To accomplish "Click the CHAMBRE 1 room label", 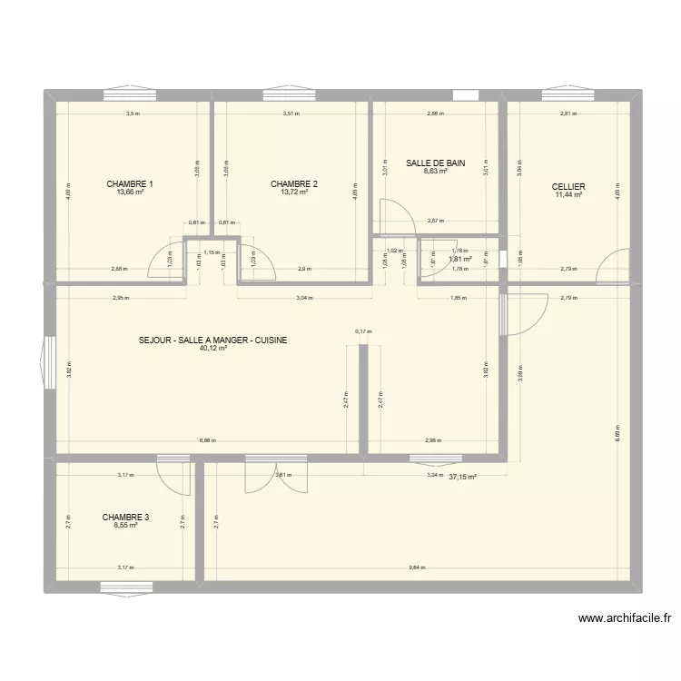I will (130, 184).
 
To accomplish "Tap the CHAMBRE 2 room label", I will (294, 184).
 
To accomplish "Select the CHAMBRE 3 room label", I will (126, 517).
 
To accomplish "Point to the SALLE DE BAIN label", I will (436, 163).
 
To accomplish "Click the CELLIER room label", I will (568, 186).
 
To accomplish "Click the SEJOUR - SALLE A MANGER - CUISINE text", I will (213, 340).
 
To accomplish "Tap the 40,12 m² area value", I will (213, 348).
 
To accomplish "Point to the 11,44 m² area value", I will (568, 194).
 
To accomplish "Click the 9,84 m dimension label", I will (417, 567).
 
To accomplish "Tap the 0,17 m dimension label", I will (363, 331).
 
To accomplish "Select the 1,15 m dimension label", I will (212, 252).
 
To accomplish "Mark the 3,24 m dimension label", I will (434, 475).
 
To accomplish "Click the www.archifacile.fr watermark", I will (627, 619).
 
